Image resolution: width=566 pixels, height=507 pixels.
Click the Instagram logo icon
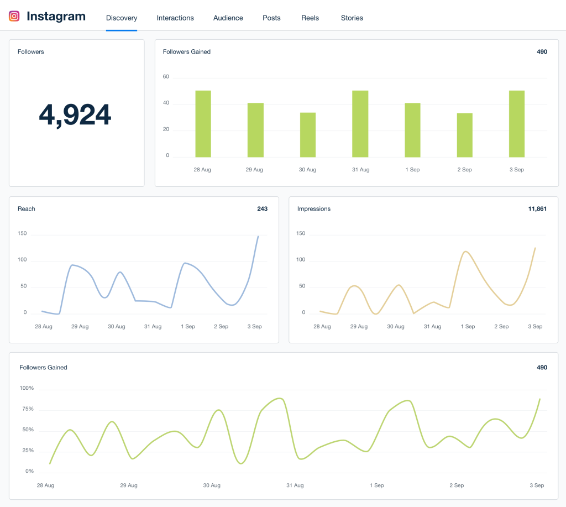(14, 17)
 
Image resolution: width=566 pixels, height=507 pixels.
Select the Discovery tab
(122, 18)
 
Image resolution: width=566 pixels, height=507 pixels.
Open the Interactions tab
(175, 18)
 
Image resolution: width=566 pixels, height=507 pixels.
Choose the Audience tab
(228, 18)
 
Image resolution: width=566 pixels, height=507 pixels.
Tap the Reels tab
(310, 18)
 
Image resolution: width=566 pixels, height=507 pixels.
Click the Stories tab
(352, 18)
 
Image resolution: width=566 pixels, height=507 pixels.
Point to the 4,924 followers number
(75, 114)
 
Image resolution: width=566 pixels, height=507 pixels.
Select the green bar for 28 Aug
(203, 124)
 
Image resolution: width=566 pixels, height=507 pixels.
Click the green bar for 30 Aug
(308, 135)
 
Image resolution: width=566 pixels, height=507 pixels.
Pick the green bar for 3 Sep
(517, 124)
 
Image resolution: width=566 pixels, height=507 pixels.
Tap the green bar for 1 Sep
(412, 130)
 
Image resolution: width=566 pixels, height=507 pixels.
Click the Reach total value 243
(262, 208)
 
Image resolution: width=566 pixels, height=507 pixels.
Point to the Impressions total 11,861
(537, 208)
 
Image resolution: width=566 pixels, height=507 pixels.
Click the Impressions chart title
(314, 208)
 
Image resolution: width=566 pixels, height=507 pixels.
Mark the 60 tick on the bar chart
(166, 77)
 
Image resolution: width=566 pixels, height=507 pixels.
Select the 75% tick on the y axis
(27, 409)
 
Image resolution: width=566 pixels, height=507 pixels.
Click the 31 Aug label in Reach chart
(153, 327)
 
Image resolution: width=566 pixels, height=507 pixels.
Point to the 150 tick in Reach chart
(22, 233)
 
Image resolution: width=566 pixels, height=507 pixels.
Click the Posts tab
(271, 18)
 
